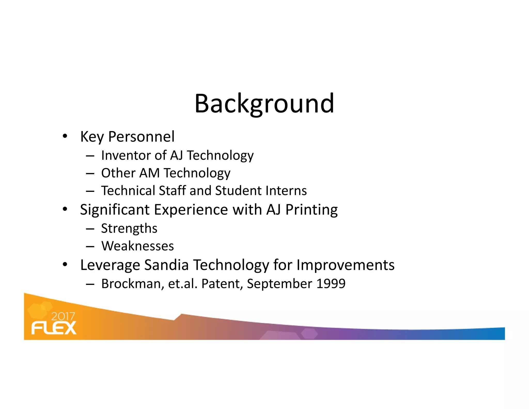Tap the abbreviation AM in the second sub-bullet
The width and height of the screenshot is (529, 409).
149,173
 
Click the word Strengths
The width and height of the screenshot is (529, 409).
129,229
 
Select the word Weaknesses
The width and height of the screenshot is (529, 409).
138,246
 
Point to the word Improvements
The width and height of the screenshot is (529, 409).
345,265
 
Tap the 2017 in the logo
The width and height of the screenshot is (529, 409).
63,316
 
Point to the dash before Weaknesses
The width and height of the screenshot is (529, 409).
90,246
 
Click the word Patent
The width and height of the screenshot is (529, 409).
222,284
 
